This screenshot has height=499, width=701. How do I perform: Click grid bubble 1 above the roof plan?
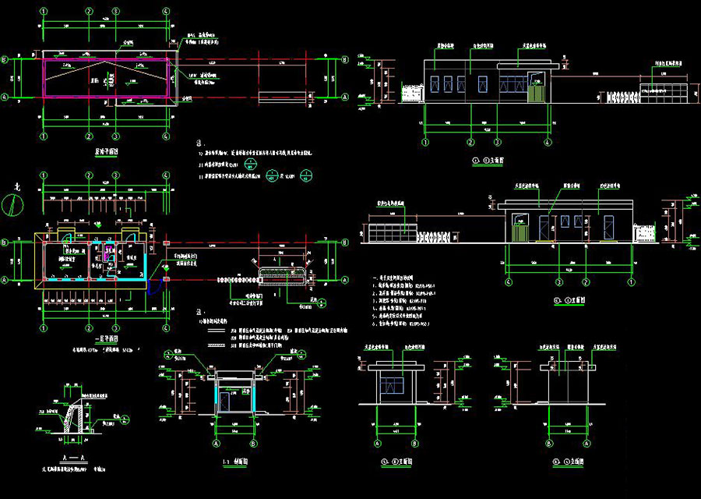pos(44,12)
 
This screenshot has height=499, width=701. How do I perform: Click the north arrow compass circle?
pos(10,203)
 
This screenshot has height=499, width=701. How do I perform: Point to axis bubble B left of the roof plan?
pos(5,59)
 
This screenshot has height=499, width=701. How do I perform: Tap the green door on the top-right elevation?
pos(536,93)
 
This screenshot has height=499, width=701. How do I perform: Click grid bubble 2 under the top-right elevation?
pos(470,143)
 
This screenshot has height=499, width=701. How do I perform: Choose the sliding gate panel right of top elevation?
pos(664,92)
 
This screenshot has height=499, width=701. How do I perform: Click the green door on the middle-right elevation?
pos(520,232)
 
